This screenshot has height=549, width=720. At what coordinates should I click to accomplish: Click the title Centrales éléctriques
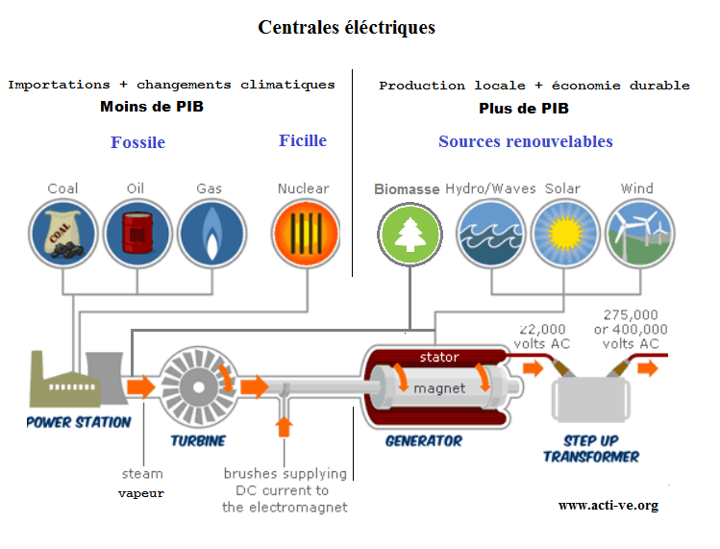point(346,27)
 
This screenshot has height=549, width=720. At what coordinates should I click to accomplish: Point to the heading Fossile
point(137,142)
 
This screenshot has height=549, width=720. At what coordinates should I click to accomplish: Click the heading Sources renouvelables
point(525,141)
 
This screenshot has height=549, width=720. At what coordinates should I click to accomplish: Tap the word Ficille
point(303,140)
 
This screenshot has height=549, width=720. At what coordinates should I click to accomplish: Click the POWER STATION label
point(78,422)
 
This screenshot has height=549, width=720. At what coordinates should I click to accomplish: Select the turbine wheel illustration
point(197,386)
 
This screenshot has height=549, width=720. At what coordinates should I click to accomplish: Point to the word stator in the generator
point(439,358)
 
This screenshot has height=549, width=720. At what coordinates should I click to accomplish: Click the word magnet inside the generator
point(439,388)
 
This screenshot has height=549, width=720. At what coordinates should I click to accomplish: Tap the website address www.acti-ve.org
point(608,505)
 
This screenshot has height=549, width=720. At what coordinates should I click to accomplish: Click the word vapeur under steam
point(141,493)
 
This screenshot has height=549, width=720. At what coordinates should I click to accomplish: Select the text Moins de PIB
point(152,107)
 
